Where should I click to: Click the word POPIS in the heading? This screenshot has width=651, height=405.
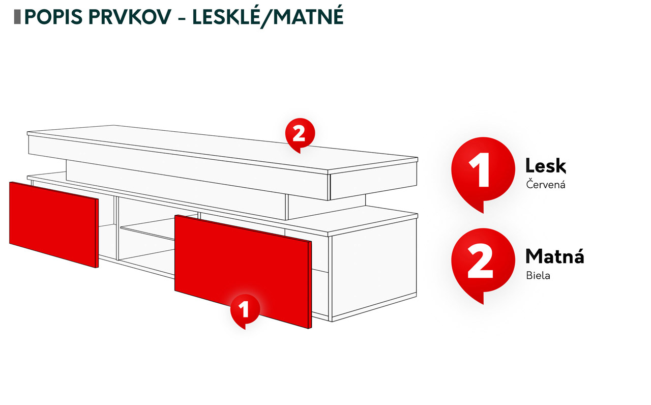pyautogui.click(x=54, y=17)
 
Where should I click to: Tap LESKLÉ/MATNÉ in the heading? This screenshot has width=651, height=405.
pyautogui.click(x=268, y=17)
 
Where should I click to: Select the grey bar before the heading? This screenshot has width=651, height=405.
pyautogui.click(x=17, y=17)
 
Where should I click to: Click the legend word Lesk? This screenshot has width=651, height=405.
pyautogui.click(x=546, y=166)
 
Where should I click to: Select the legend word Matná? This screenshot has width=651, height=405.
pyautogui.click(x=554, y=256)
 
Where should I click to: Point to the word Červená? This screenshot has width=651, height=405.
pyautogui.click(x=546, y=184)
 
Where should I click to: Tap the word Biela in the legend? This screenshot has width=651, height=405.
pyautogui.click(x=538, y=275)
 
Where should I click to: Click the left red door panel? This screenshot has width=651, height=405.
pyautogui.click(x=54, y=224)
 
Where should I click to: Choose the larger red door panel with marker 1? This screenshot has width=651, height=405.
pyautogui.click(x=243, y=272)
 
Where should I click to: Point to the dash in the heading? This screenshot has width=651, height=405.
pyautogui.click(x=182, y=19)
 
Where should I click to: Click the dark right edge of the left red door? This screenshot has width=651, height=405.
pyautogui.click(x=97, y=233)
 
